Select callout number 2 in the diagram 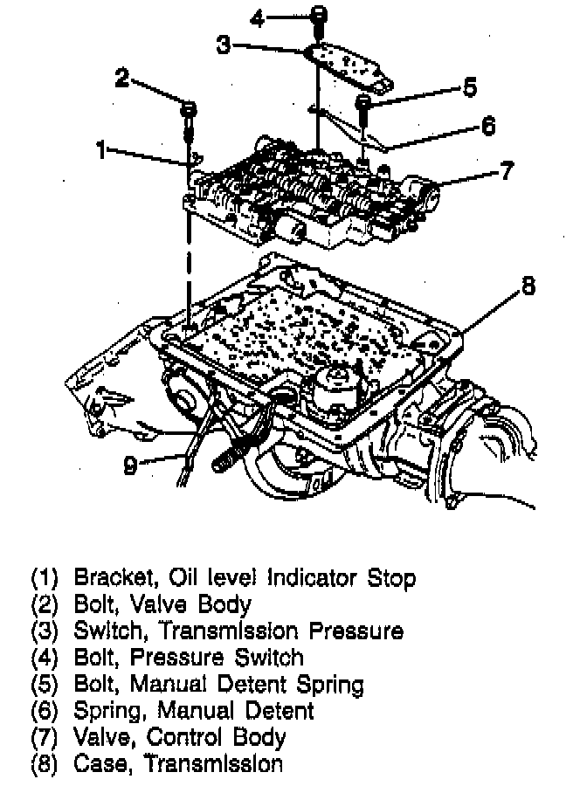(122, 79)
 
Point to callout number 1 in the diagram (102, 150)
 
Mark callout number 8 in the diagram (528, 286)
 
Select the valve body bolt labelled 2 (189, 112)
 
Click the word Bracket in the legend (106, 577)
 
